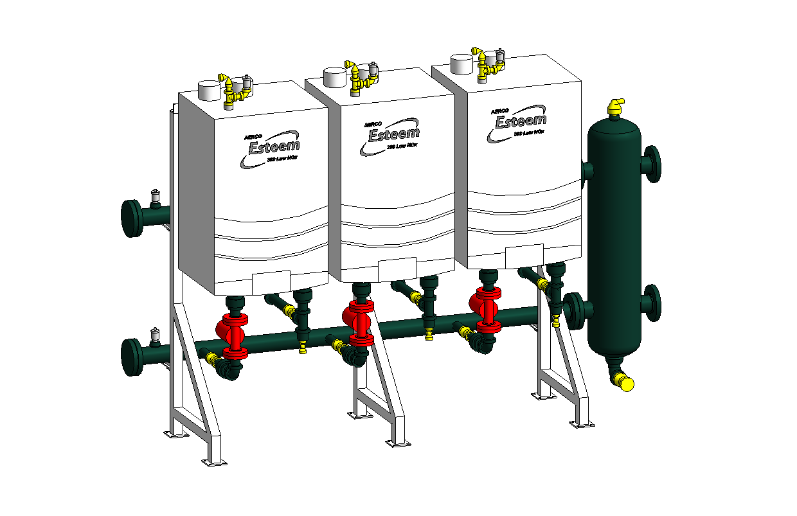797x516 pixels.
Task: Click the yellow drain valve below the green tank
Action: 623,382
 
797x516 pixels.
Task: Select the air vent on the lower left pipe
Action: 154,335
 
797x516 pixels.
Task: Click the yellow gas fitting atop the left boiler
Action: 231,90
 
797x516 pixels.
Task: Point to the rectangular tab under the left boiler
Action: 273,282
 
